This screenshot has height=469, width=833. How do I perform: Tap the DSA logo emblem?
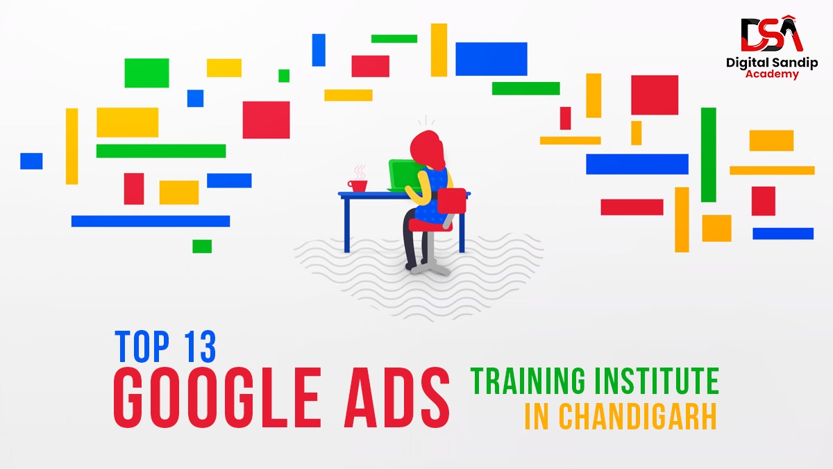(771, 35)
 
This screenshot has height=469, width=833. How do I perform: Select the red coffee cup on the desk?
(358, 185)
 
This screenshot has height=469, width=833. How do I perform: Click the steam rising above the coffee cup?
(359, 171)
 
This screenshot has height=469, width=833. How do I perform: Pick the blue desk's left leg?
(346, 222)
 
